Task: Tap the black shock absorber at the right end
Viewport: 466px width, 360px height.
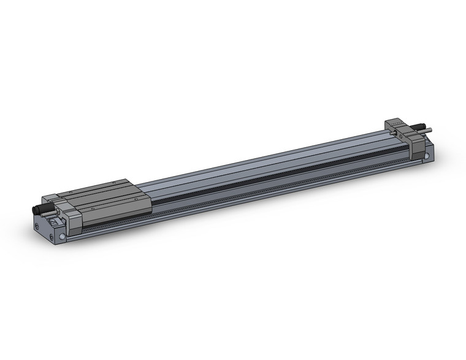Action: [x=422, y=127]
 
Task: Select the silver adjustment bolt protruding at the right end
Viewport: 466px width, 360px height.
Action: [x=429, y=130]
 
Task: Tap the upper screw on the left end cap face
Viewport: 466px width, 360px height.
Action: [x=37, y=226]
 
